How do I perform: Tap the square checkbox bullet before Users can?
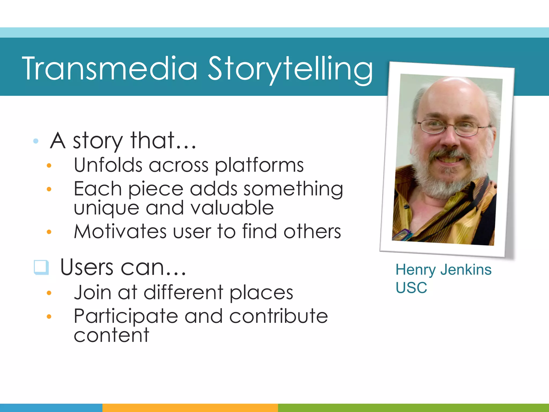41,267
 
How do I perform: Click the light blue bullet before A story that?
36,141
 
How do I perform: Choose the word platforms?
259,165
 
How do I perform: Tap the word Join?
92,292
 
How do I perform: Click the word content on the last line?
111,335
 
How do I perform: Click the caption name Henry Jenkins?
443,270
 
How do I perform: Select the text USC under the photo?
411,288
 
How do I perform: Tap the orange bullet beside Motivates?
49,232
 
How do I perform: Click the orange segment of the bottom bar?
190,408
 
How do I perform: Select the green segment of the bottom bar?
413,408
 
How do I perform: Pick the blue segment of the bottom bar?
51,408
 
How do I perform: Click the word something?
293,189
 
